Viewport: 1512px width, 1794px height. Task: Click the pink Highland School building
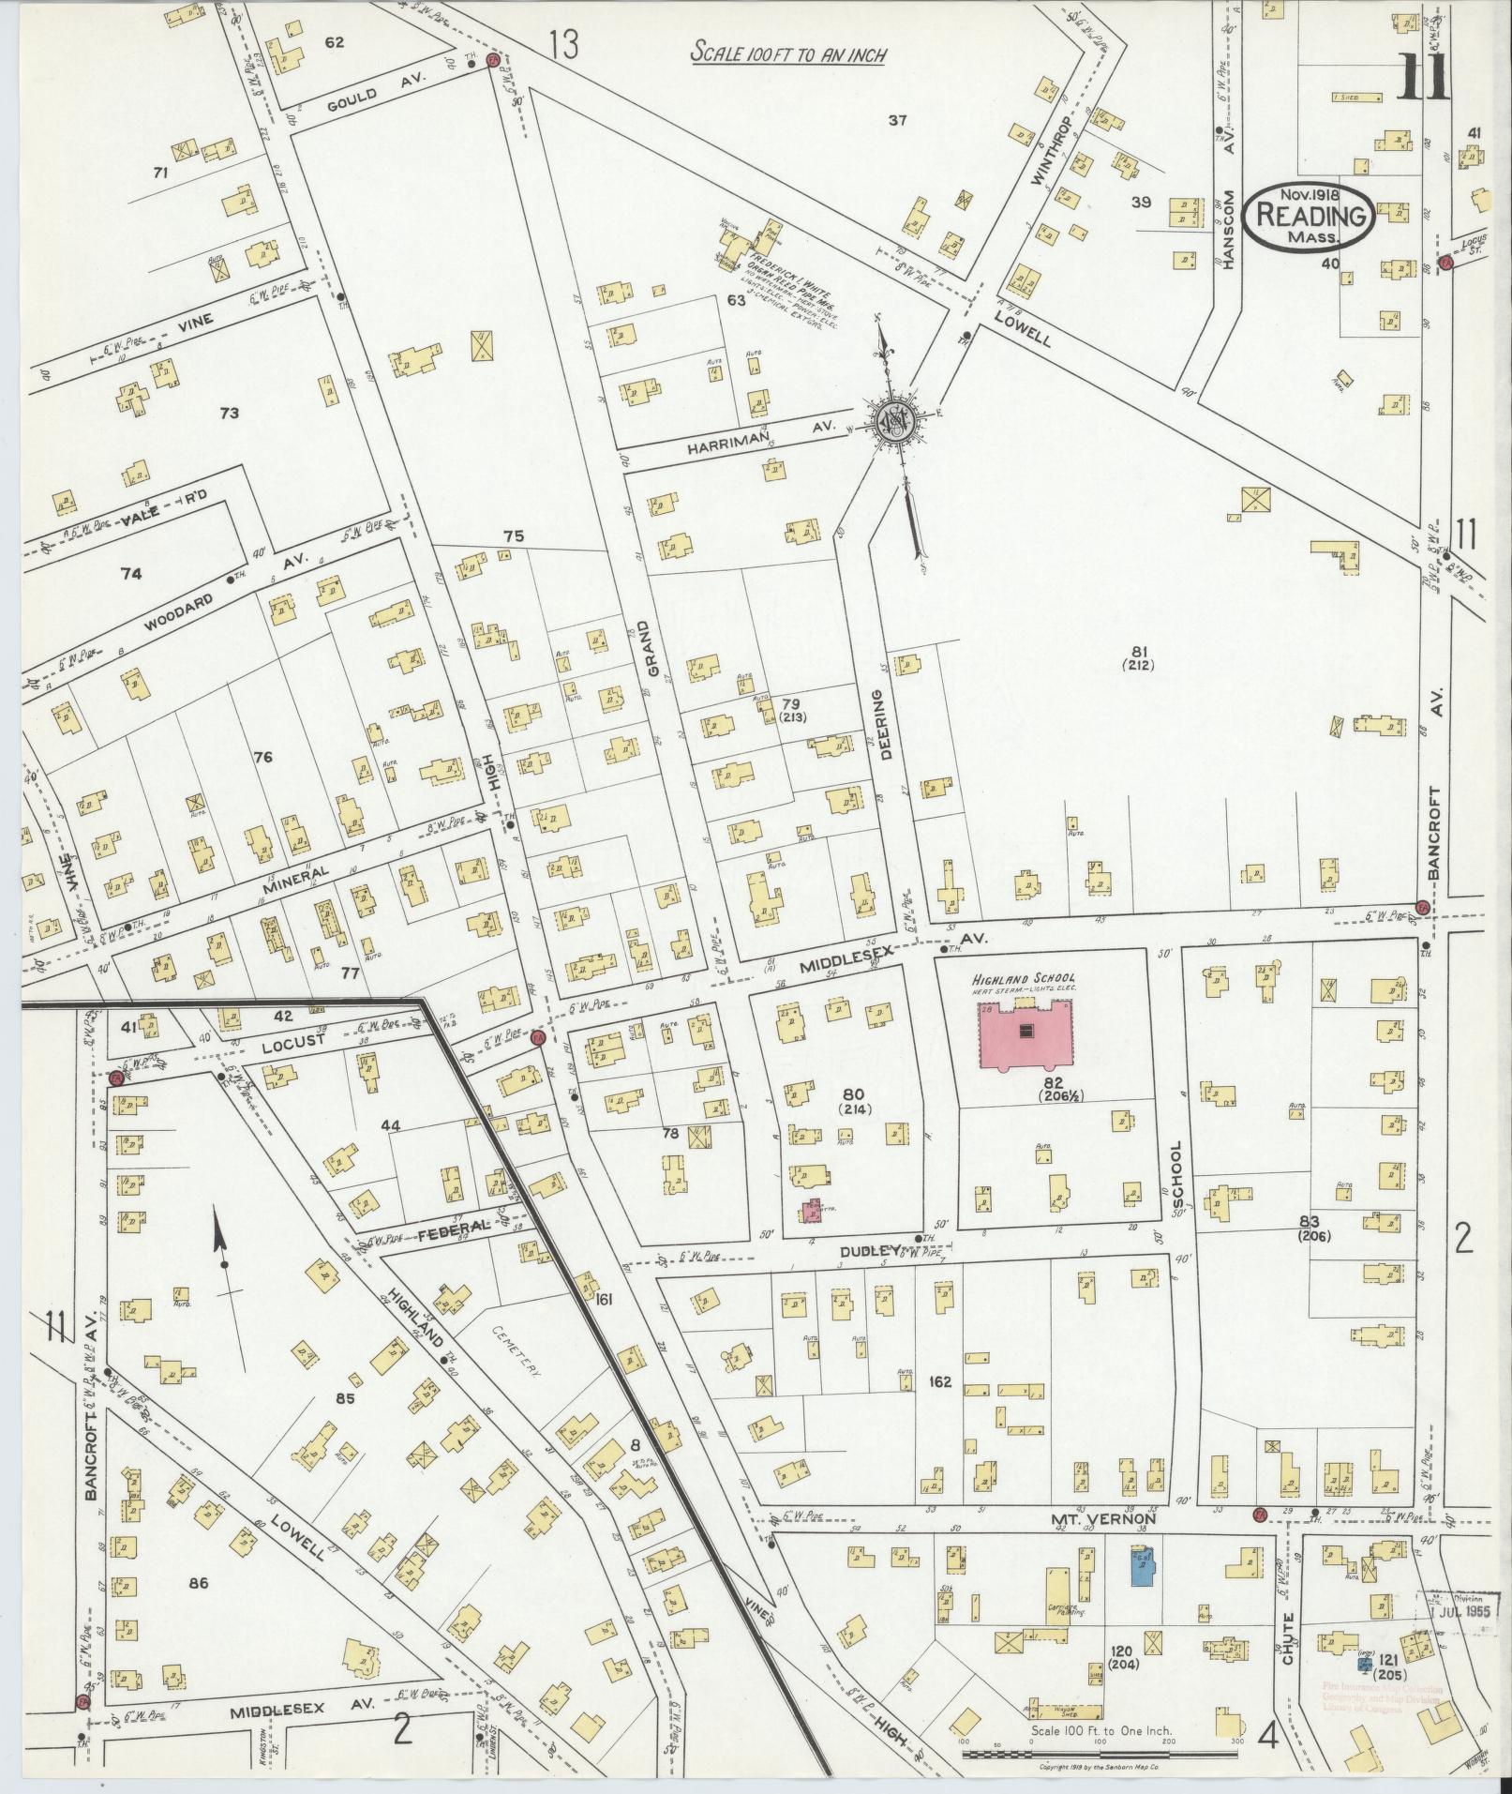click(1026, 1034)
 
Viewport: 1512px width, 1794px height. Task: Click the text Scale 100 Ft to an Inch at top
click(788, 53)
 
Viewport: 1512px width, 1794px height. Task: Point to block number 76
click(262, 756)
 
